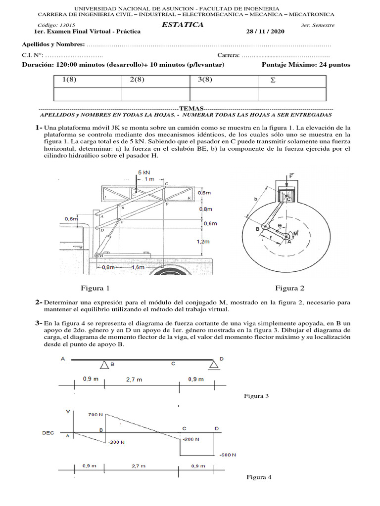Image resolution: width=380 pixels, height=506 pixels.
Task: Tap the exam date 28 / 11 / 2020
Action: point(266,32)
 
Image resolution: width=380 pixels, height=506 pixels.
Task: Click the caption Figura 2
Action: point(290,288)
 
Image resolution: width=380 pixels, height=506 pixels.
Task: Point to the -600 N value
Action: point(226,454)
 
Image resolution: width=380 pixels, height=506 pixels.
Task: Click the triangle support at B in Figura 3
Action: point(105,365)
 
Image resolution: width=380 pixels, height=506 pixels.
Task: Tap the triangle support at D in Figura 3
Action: point(214,364)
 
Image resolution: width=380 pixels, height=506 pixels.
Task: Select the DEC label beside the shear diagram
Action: point(48,432)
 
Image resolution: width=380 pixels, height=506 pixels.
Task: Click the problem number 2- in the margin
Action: point(39,301)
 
